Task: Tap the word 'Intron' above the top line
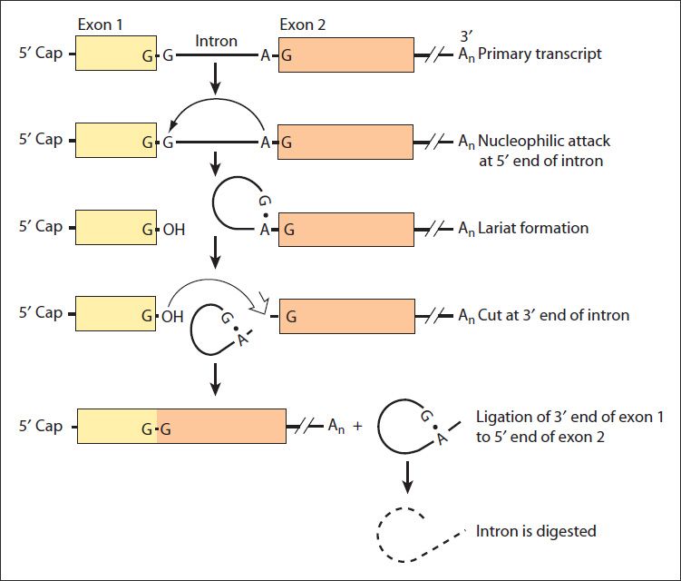tap(217, 41)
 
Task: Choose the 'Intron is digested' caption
tap(536, 530)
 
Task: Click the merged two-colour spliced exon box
tap(181, 426)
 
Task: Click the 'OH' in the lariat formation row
tap(173, 230)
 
